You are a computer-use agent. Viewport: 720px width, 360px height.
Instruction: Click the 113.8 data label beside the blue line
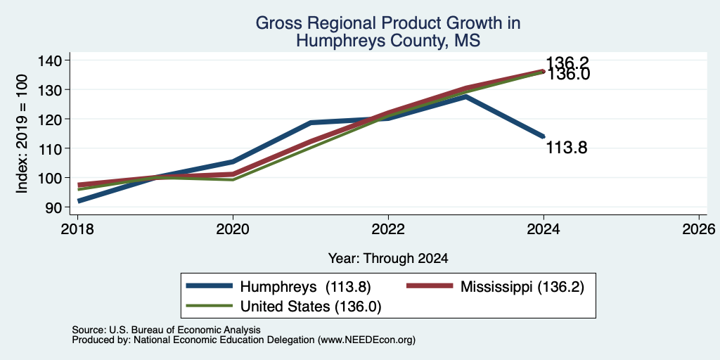(x=567, y=148)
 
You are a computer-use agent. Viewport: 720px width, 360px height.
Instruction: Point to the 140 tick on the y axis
(x=56, y=60)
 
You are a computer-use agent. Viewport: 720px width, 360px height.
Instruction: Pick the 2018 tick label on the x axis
(x=77, y=229)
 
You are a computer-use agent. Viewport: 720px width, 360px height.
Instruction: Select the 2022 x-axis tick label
(x=388, y=229)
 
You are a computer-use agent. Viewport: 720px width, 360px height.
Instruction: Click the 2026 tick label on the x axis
(x=700, y=229)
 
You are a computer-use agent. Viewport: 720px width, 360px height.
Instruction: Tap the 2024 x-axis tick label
(x=544, y=229)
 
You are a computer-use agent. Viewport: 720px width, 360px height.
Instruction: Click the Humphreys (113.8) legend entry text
(x=305, y=287)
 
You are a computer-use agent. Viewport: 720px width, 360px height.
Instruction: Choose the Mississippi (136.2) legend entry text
(x=522, y=287)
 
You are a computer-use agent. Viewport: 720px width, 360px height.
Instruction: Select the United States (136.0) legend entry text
(x=311, y=307)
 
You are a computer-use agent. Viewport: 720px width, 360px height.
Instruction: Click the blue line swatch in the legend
(x=209, y=286)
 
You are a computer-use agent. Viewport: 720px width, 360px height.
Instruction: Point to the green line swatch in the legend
(x=209, y=305)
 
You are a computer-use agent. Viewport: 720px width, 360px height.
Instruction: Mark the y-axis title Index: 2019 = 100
(x=22, y=134)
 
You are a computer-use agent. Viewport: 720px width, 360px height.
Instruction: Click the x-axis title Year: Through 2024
(x=388, y=259)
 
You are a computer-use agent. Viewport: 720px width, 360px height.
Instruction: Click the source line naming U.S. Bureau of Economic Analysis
(x=166, y=330)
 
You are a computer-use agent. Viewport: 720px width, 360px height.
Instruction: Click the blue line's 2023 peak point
(x=465, y=96)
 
